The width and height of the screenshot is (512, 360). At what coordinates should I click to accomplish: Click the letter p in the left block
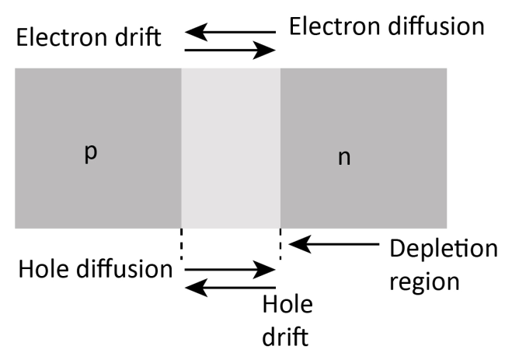[90, 153]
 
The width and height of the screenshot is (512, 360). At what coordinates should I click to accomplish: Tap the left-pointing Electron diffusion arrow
[230, 33]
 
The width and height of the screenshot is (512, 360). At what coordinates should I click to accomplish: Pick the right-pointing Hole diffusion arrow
[230, 270]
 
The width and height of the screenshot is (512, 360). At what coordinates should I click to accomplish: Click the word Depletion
[443, 250]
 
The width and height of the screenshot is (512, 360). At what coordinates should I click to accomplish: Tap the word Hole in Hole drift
[288, 305]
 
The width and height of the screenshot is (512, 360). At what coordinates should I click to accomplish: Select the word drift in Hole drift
[287, 336]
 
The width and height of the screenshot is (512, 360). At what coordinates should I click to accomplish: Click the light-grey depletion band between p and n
[231, 148]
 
